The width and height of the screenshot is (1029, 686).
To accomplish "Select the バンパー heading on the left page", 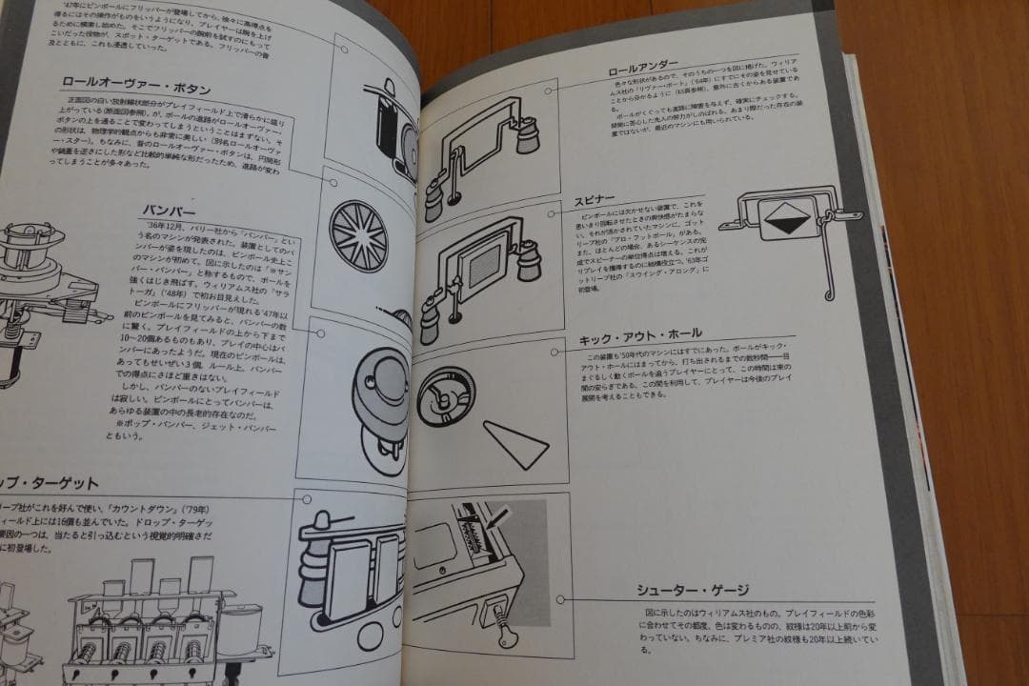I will click(x=170, y=210).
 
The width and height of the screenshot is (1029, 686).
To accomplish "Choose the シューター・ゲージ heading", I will click(x=693, y=590).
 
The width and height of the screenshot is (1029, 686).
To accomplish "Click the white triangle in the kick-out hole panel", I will click(x=516, y=443).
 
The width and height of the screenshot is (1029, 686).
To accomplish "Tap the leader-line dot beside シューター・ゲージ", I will click(x=561, y=599).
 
